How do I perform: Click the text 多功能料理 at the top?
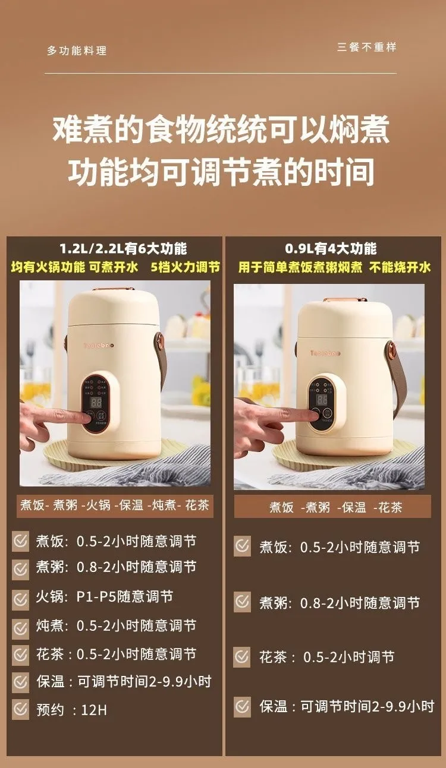[x=77, y=50]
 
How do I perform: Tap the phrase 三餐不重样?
[x=367, y=47]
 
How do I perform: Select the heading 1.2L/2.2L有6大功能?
[x=123, y=248]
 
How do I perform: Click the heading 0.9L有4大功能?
[x=331, y=248]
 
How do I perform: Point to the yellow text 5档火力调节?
[x=186, y=267]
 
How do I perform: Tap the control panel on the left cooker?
[x=96, y=403]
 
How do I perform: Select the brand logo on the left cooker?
[x=99, y=345]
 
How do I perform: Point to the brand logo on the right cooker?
[x=325, y=353]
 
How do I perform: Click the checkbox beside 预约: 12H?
[x=21, y=710]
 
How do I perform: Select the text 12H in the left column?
[x=94, y=710]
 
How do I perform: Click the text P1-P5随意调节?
[x=125, y=597]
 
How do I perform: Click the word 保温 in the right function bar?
[x=354, y=507]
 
